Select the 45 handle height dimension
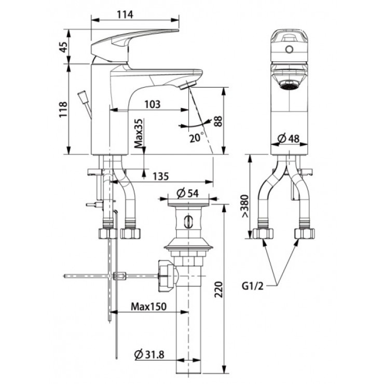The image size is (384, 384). click(62, 48)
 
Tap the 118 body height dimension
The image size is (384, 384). click(62, 109)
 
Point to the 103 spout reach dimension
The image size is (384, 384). click(151, 104)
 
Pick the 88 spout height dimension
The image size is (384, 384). click(218, 121)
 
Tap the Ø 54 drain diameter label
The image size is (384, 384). click(188, 193)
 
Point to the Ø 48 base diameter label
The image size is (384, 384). click(289, 139)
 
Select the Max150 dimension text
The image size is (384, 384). click(148, 306)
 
